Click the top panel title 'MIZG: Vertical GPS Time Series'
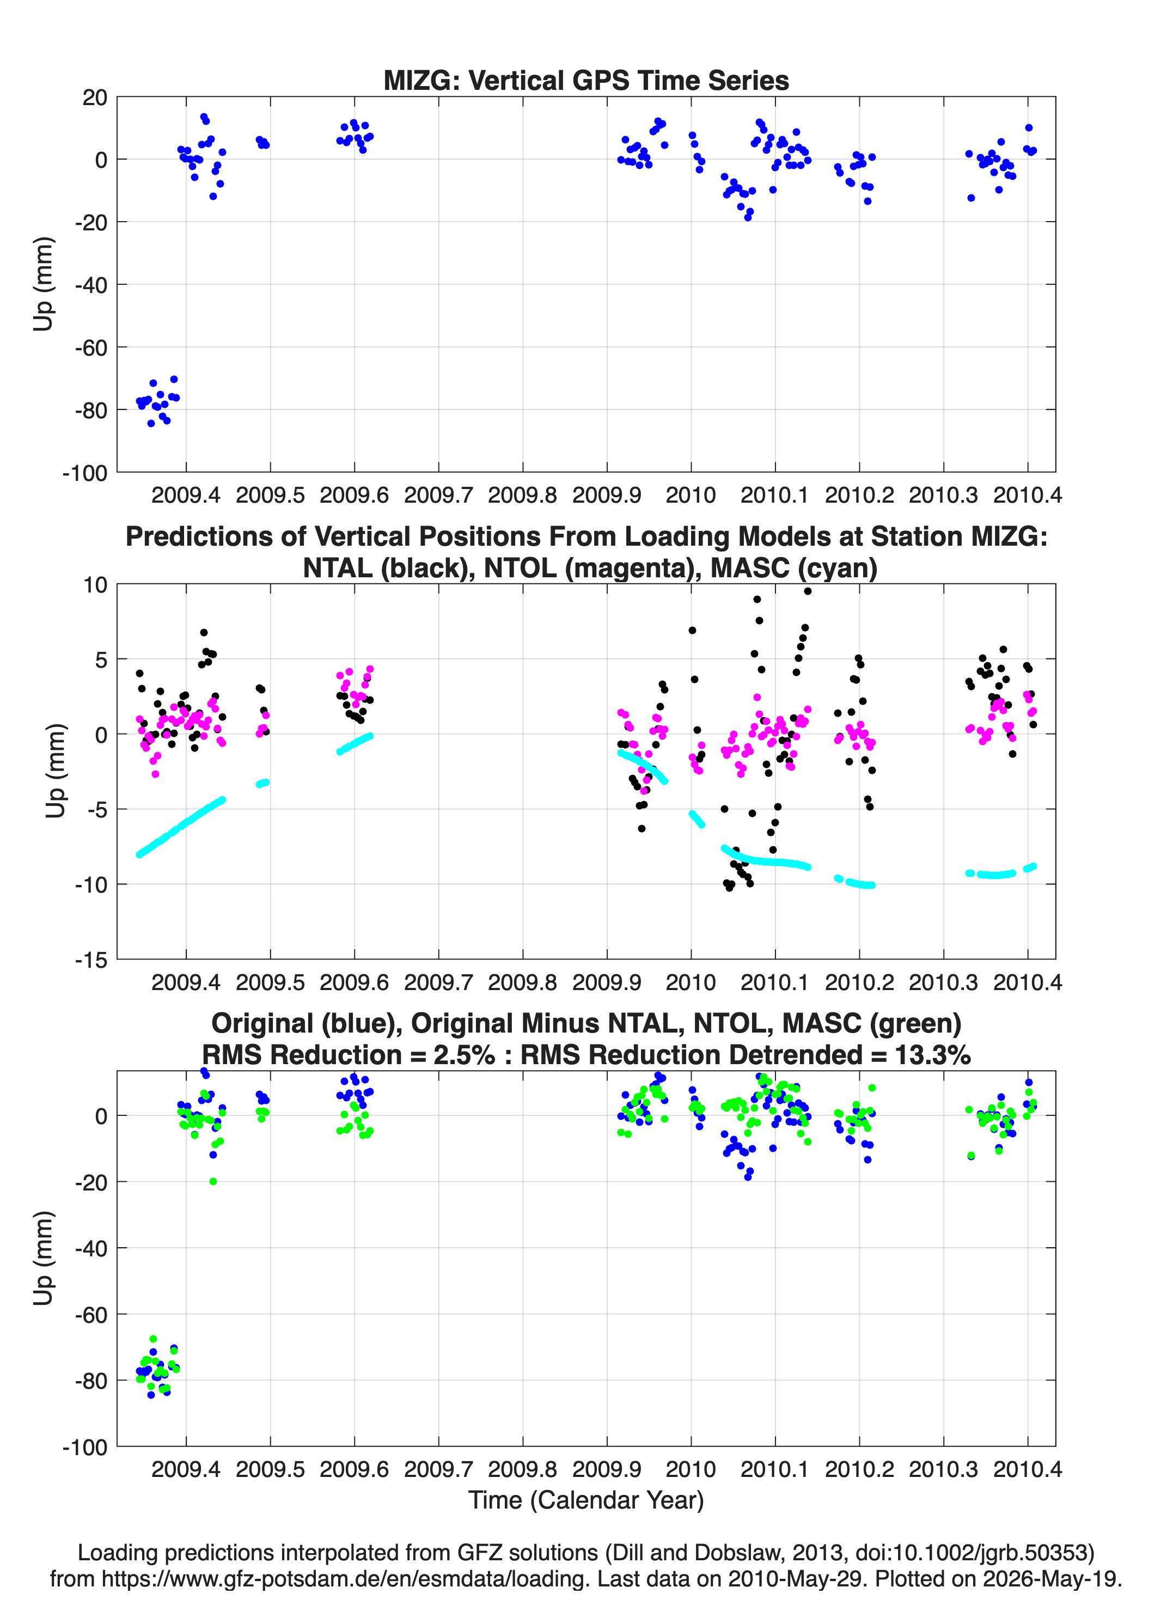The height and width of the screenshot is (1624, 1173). (x=586, y=80)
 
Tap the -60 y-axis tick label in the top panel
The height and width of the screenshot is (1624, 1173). (x=91, y=348)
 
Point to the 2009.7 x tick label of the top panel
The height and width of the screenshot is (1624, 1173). (x=438, y=495)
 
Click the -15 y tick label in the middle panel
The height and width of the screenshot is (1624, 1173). (x=91, y=960)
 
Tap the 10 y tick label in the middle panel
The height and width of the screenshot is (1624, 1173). (x=95, y=585)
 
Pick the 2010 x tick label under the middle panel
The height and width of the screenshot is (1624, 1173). (x=691, y=982)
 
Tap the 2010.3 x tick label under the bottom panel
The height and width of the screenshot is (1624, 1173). (x=943, y=1469)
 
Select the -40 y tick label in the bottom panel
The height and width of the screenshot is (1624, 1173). (x=91, y=1248)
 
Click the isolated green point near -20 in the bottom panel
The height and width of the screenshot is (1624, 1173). (x=213, y=1181)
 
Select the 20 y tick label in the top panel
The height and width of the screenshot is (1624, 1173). (x=95, y=97)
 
